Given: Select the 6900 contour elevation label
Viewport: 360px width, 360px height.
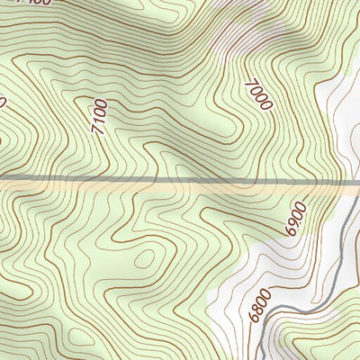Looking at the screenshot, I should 293,220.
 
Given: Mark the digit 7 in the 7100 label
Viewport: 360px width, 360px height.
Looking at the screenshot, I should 97,131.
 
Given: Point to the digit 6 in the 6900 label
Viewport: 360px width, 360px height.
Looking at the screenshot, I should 289,233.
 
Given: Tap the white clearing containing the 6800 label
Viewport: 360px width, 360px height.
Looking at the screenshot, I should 270,279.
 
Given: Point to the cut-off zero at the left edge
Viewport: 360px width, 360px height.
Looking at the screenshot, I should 2,102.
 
